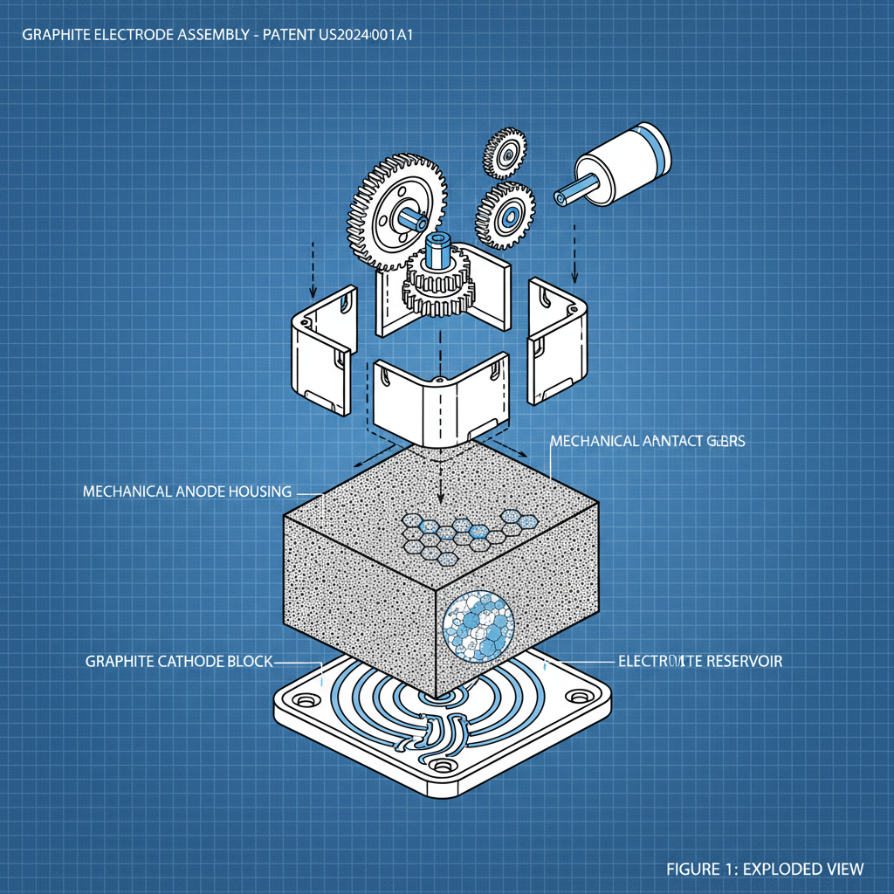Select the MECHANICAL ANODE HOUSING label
pos(187,492)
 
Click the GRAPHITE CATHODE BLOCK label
pos(179,661)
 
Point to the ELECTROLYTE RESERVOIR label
pos(699,661)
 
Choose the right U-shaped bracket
pos(557,340)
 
